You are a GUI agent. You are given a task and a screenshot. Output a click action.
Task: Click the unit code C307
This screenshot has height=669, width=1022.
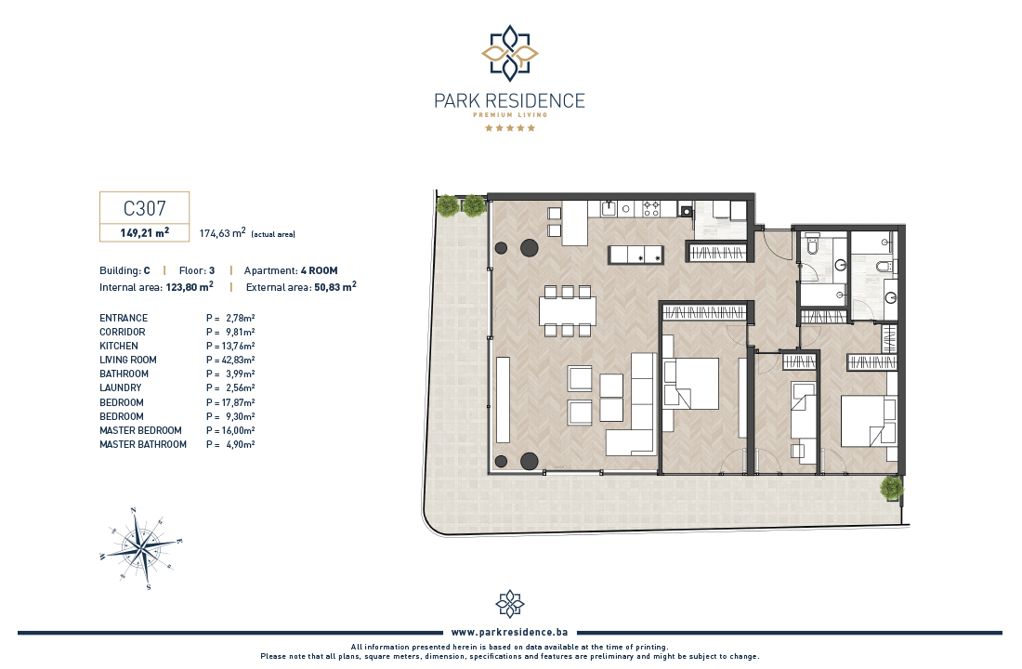point(145,208)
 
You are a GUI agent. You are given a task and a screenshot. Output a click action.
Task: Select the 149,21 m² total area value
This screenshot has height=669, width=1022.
point(145,233)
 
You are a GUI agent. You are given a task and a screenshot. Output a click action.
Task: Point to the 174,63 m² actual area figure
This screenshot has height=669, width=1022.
point(222,233)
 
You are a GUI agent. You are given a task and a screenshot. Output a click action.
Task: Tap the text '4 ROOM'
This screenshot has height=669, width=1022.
point(320,270)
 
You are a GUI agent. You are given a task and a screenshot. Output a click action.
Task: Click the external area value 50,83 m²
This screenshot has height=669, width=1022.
point(335,287)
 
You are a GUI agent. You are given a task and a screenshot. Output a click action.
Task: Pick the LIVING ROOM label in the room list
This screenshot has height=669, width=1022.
point(128,360)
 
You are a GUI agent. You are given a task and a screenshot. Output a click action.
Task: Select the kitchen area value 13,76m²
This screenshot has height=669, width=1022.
point(238,347)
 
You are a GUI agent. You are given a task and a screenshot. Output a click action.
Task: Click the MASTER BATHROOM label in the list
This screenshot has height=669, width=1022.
point(143,445)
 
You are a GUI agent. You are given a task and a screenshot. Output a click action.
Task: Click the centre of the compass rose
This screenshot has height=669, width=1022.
point(142,547)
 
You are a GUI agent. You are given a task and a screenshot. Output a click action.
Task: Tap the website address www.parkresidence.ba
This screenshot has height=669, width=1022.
point(510,632)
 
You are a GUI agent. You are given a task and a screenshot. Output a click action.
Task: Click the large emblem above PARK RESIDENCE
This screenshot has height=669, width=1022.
point(510,54)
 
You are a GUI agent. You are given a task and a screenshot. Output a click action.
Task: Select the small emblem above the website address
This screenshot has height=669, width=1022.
point(510,604)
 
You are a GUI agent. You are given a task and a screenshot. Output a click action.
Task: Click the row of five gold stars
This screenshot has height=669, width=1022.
point(510,128)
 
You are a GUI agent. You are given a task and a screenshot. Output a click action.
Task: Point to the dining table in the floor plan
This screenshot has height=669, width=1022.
point(568,311)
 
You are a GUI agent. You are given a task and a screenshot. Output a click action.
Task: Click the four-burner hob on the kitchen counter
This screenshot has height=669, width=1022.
point(651,209)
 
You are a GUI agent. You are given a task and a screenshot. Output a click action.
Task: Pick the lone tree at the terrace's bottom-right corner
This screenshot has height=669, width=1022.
point(891,489)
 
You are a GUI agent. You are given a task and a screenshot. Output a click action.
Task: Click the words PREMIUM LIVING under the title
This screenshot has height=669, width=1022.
point(510,115)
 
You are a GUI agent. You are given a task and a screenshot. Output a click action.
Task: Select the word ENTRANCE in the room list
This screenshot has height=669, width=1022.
point(124,318)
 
